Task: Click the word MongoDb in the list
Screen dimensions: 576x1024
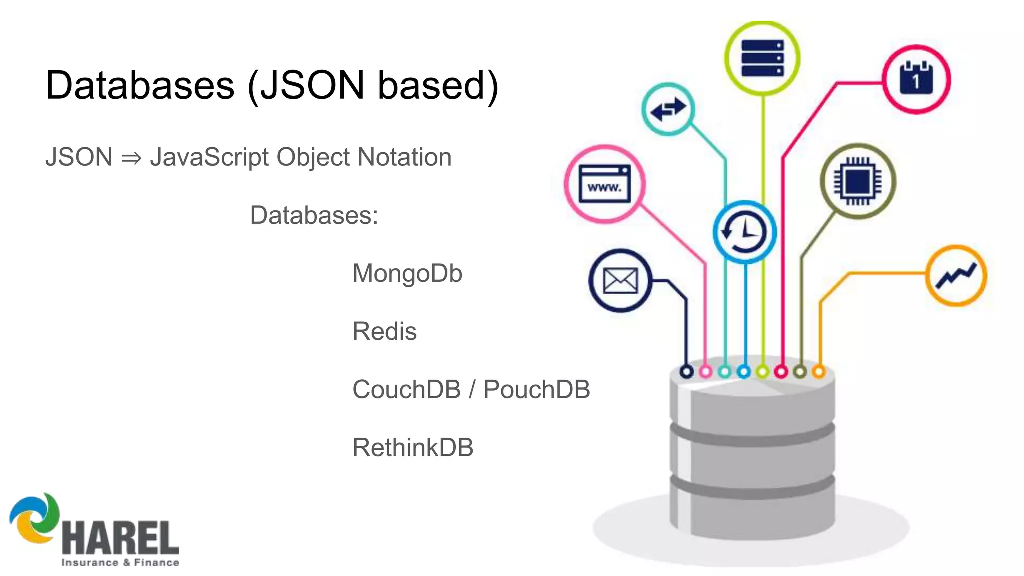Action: click(407, 274)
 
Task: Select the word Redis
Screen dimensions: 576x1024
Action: click(384, 331)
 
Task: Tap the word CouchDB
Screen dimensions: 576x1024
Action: click(406, 389)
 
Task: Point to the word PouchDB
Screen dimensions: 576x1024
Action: click(536, 389)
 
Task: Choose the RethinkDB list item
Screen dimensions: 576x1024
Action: click(413, 447)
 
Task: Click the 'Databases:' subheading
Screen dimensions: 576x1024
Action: click(314, 215)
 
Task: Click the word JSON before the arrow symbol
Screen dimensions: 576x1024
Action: click(79, 157)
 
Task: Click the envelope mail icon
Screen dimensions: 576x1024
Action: click(620, 281)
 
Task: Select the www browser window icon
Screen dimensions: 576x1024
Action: click(604, 184)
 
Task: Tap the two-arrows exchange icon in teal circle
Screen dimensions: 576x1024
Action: click(668, 109)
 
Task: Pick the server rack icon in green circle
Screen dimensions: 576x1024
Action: click(762, 58)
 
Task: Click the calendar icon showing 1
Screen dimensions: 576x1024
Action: click(916, 79)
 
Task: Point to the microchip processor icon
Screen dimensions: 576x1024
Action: click(858, 181)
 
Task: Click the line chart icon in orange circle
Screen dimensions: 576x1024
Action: click(956, 275)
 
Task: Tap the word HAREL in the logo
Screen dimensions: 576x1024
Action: click(120, 538)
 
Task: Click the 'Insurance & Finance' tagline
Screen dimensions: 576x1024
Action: click(120, 563)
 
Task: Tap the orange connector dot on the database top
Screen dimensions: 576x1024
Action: click(818, 372)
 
